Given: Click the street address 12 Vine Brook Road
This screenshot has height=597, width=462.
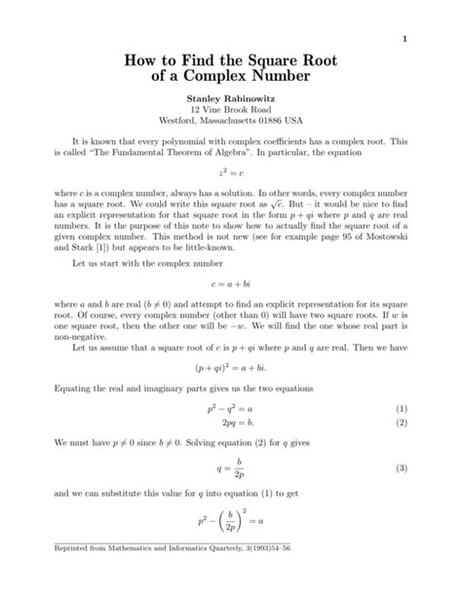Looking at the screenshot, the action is click(x=230, y=111).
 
